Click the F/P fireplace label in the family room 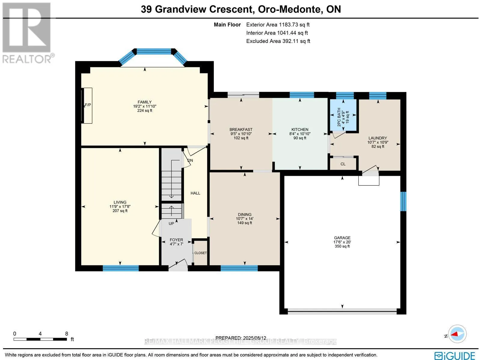(x=88, y=105)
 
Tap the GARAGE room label (x=342, y=238)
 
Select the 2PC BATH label (x=339, y=117)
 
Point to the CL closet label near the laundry (x=343, y=164)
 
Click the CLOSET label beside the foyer (x=201, y=253)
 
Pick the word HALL (x=195, y=193)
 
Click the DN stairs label (x=190, y=160)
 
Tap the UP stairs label (x=171, y=224)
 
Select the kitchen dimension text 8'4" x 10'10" (x=300, y=134)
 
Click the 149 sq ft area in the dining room (x=244, y=223)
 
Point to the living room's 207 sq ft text (x=120, y=211)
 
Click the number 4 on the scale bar (x=40, y=334)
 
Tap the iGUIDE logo (x=455, y=355)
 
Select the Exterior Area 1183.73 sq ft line (x=278, y=25)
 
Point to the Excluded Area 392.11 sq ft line (x=278, y=41)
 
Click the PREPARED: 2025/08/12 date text (x=240, y=338)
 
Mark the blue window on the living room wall (x=121, y=268)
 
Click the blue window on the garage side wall (x=403, y=201)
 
